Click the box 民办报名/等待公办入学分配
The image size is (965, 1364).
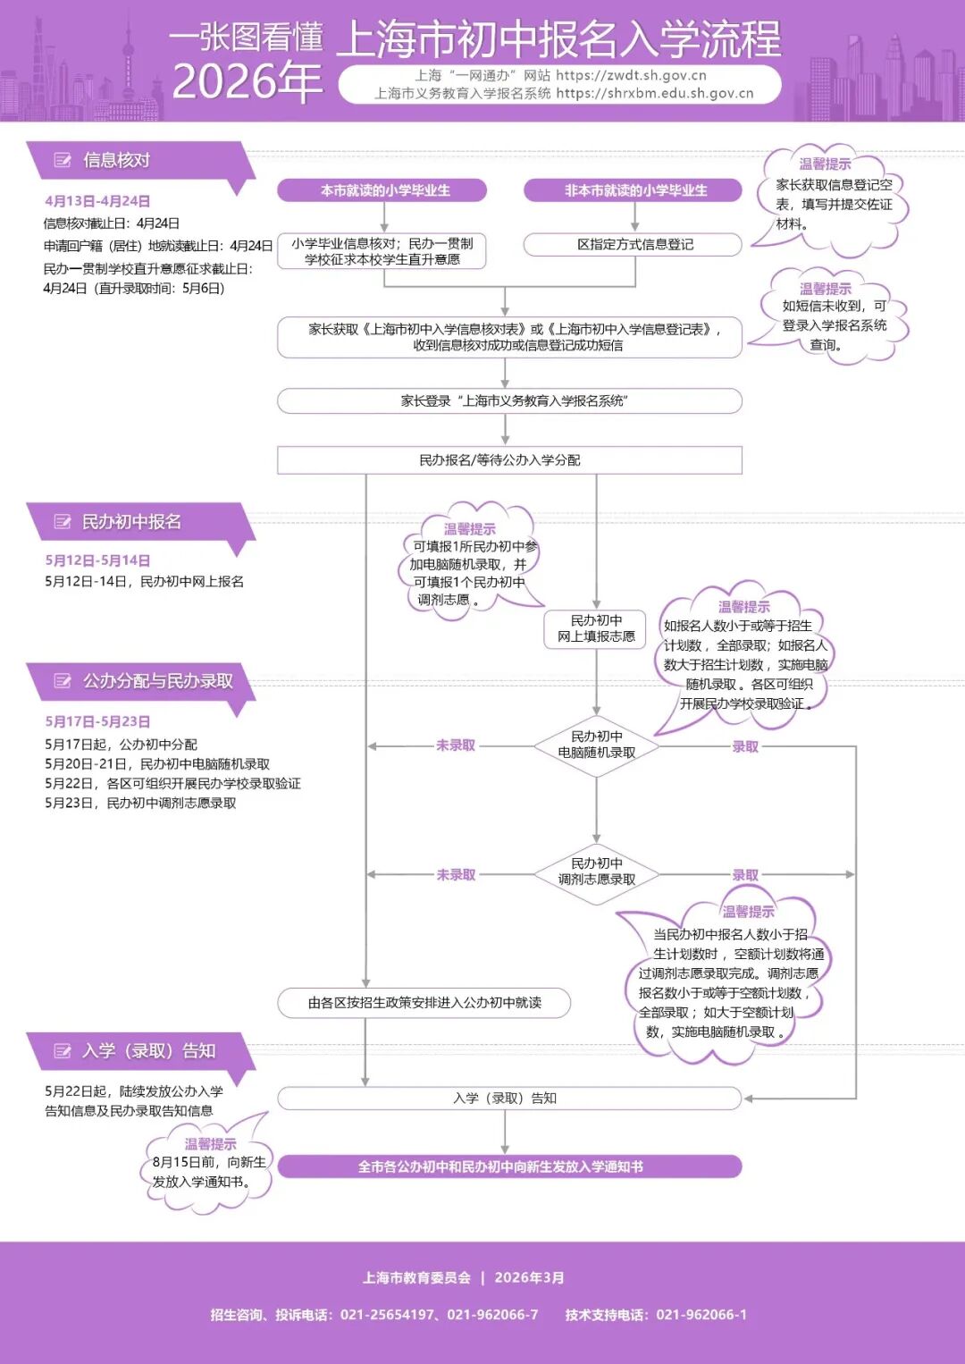[x=509, y=460]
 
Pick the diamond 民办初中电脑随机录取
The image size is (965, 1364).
[x=597, y=745]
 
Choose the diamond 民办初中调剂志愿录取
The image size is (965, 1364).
[x=597, y=872]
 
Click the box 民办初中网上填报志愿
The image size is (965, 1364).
[x=597, y=628]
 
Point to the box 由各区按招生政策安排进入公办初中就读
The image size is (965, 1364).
[x=424, y=1003]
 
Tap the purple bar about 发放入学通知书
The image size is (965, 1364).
[x=509, y=1166]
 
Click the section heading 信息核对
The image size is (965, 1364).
[x=116, y=161]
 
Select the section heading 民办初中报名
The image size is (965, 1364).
[x=131, y=522]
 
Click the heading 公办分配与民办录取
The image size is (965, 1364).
[x=157, y=681]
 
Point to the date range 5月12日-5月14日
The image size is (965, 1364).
[x=97, y=560]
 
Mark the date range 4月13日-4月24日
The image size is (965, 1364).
[x=97, y=201]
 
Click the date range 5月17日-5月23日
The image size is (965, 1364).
[x=97, y=721]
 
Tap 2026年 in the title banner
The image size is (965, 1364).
[x=247, y=81]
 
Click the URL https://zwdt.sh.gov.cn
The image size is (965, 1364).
[x=631, y=76]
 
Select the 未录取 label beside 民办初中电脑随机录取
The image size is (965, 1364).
[x=456, y=745]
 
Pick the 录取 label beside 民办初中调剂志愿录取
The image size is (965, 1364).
[x=745, y=875]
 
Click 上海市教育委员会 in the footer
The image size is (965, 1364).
[x=416, y=1278]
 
